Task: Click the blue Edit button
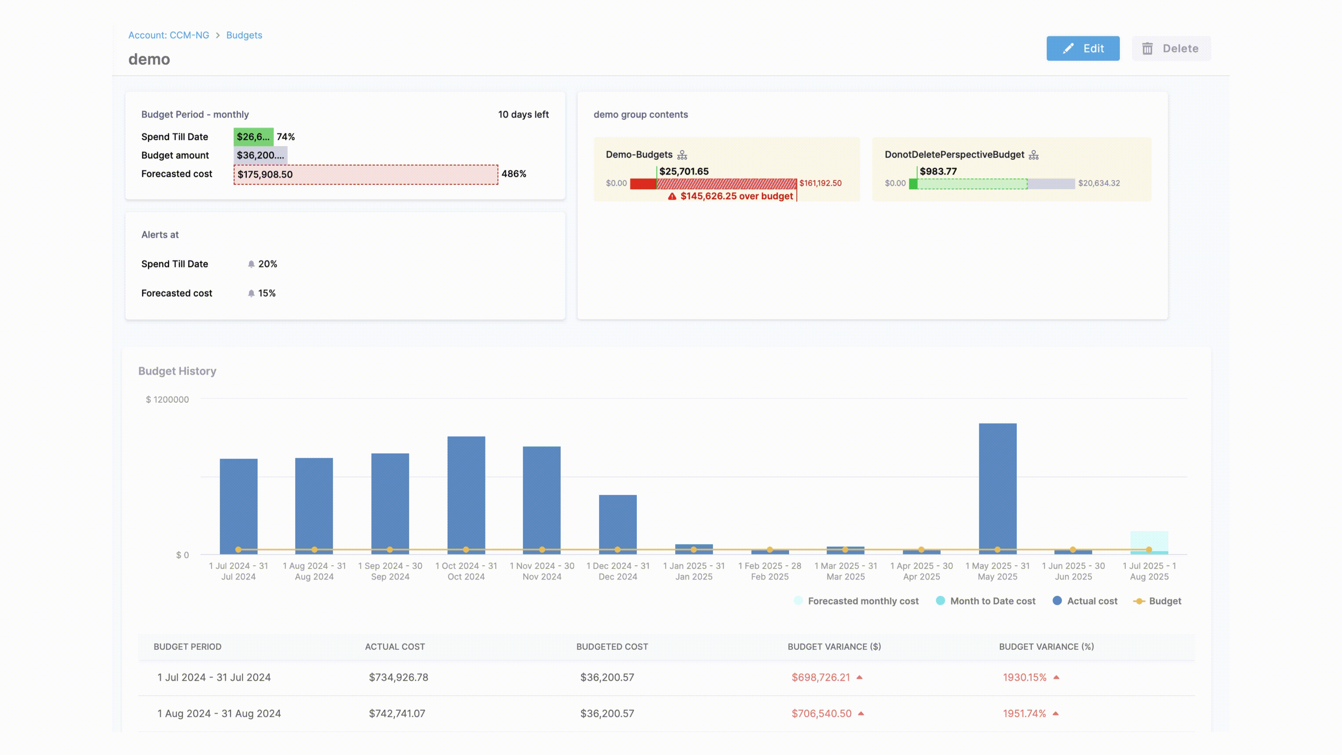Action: (x=1083, y=49)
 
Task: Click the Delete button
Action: (x=1171, y=49)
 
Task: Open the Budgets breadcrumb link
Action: (x=244, y=35)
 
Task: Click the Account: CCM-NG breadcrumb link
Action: (x=168, y=35)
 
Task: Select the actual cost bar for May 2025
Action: (x=997, y=487)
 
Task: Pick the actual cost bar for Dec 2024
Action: (x=617, y=523)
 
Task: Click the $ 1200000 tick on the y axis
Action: (x=167, y=400)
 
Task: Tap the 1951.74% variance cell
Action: (x=1024, y=714)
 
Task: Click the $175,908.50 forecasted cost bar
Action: (x=366, y=174)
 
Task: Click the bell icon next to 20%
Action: (x=251, y=264)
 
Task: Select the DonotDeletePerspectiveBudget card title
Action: (x=954, y=155)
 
